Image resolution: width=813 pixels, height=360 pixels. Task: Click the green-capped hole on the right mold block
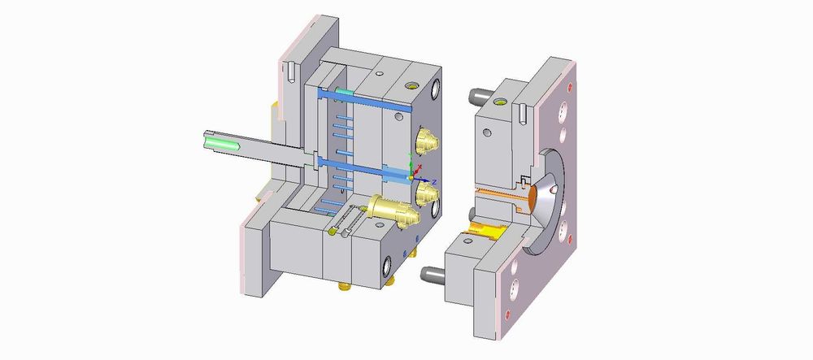pos(500,103)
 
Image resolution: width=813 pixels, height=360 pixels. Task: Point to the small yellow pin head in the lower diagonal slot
pos(333,232)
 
